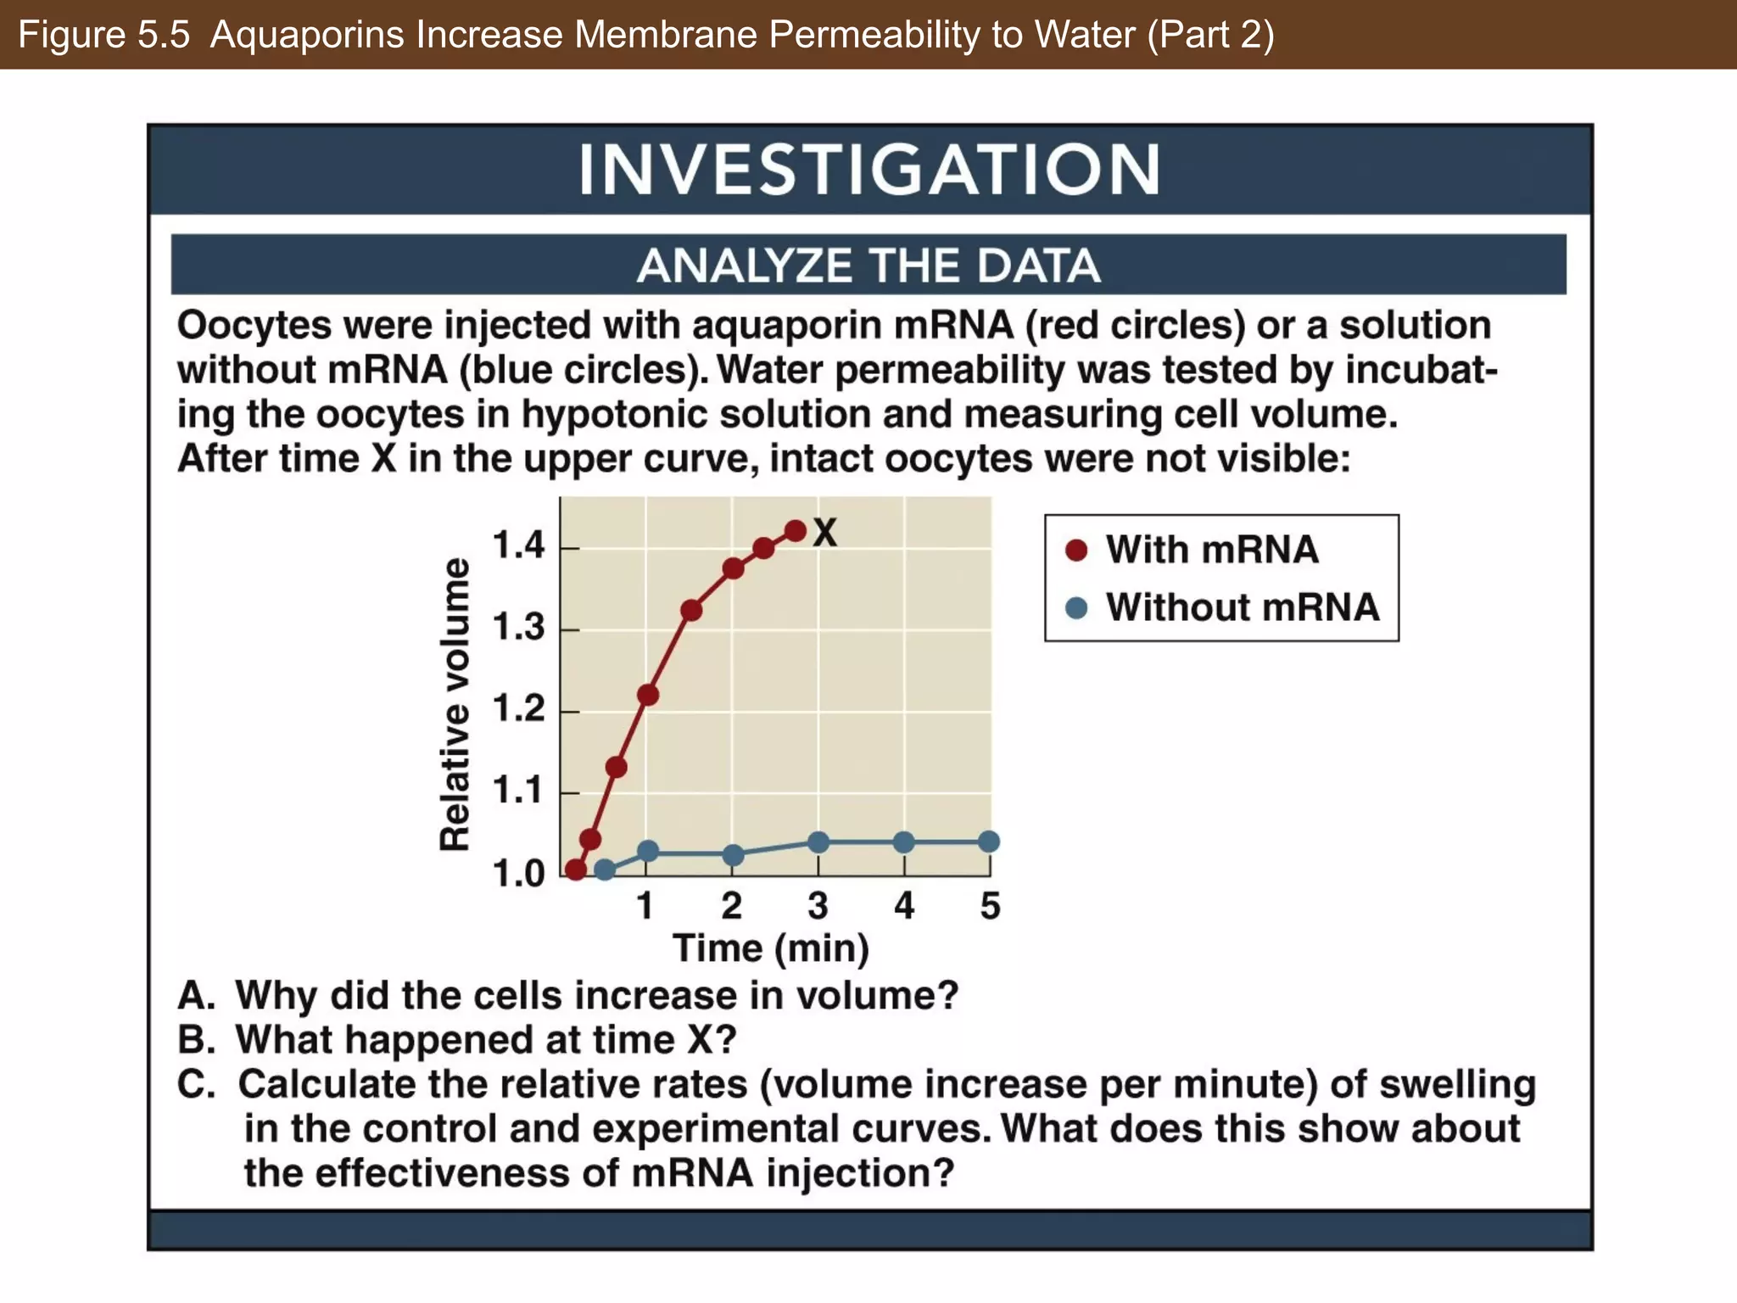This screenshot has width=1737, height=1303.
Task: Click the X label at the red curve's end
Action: tap(824, 534)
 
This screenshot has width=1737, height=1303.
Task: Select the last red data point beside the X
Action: tap(796, 532)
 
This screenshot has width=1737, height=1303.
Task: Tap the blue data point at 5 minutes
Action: tap(989, 842)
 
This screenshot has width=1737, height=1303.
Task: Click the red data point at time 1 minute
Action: tap(647, 695)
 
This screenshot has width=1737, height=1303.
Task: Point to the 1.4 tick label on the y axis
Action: tap(518, 545)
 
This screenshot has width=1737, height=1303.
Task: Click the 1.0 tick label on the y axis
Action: tap(518, 873)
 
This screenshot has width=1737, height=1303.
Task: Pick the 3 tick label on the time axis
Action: tap(818, 906)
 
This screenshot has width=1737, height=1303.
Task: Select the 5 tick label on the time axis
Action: tap(990, 906)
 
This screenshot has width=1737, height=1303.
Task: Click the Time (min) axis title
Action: tap(771, 948)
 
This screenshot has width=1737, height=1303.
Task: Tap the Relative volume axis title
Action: tap(455, 704)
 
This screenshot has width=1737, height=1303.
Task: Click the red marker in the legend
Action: tap(1076, 551)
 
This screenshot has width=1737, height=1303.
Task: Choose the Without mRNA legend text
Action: tap(1243, 607)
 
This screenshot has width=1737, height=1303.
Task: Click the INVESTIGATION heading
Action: tap(869, 170)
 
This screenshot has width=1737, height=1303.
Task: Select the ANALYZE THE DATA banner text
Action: tap(868, 266)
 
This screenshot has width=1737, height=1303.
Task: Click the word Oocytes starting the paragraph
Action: tap(256, 326)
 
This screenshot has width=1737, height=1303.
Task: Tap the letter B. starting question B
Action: tap(195, 1040)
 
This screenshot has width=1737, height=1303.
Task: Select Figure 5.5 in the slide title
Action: tap(103, 35)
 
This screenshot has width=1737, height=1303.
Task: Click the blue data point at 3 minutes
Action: tap(818, 842)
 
